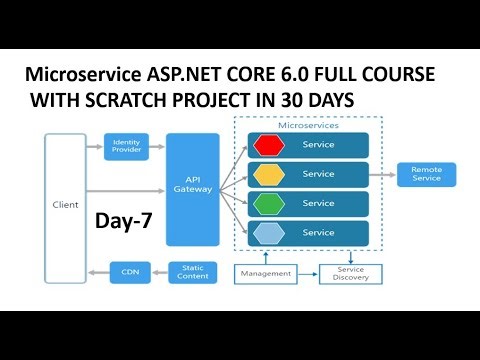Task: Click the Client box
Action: tap(65, 205)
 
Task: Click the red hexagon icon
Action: tap(268, 146)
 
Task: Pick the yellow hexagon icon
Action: tap(268, 174)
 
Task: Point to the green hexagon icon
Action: tap(268, 204)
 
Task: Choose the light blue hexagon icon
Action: tap(268, 233)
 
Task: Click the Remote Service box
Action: tap(426, 174)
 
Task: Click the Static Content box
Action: tap(193, 270)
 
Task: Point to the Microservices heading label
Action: tap(307, 125)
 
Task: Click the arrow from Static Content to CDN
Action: tap(158, 270)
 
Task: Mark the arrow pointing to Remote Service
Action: tap(383, 174)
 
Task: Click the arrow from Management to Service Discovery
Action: tap(306, 272)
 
